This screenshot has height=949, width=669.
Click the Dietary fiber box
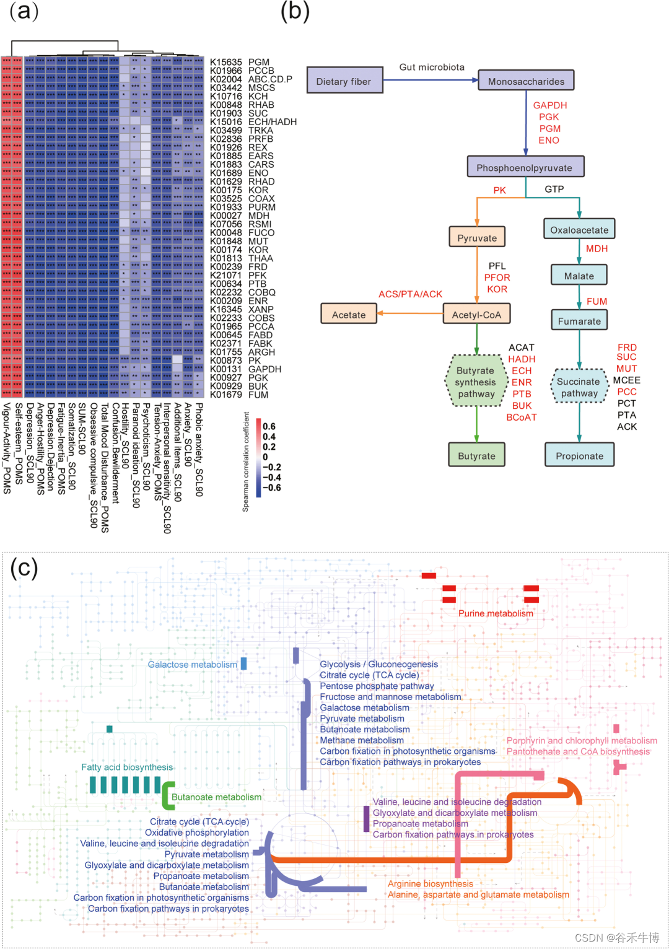tap(344, 81)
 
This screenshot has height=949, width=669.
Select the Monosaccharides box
tap(526, 81)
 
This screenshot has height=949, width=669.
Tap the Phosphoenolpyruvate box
tap(525, 167)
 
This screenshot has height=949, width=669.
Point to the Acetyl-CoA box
tap(476, 315)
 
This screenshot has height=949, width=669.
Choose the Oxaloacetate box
tap(579, 230)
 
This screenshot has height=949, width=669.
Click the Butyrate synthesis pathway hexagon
tap(476, 382)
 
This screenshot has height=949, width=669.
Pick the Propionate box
tap(579, 456)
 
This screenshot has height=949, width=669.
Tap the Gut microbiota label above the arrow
tap(432, 67)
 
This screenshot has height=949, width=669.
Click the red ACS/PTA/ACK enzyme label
tap(410, 294)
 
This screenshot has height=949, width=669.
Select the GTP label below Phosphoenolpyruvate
tap(554, 189)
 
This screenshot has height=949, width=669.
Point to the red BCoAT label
tap(522, 417)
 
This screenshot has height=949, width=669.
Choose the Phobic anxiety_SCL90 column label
tap(199, 449)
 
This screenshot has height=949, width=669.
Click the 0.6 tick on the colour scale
tap(269, 426)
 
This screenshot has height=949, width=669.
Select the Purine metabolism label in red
tap(496, 613)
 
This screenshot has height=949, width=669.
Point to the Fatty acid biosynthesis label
tap(127, 767)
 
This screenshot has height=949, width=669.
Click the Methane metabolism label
tap(362, 740)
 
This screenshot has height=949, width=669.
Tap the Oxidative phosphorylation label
tap(197, 833)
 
